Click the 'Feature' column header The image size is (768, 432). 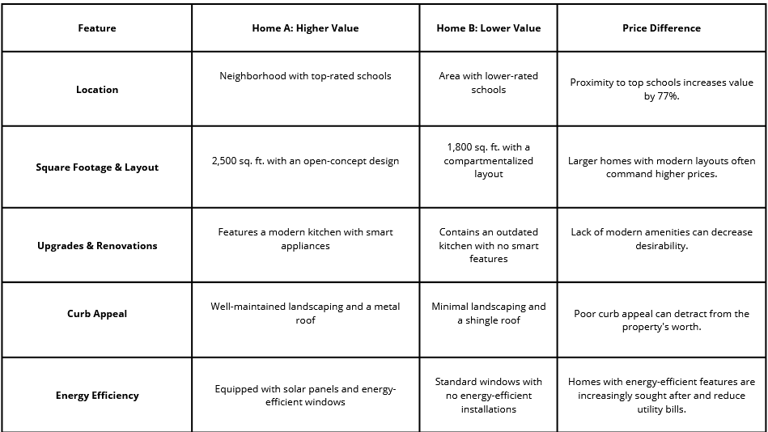coord(96,28)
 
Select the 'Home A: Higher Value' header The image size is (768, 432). coord(305,28)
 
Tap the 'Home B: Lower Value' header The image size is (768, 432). coord(488,28)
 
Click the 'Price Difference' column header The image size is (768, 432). coord(661,28)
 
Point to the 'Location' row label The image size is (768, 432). coord(96,90)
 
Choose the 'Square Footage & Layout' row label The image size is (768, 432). coord(96,167)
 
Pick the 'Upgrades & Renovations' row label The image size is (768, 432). coord(96,246)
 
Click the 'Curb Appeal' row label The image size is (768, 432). coord(96,314)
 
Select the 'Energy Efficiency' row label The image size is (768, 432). coord(96,396)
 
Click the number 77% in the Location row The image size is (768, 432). coord(667,96)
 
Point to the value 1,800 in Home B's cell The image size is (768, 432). coord(462,147)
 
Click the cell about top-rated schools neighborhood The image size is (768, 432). coord(305,76)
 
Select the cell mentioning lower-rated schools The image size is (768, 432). coord(488,83)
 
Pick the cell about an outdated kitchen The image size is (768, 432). coord(488,245)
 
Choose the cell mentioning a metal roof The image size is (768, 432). coord(305,313)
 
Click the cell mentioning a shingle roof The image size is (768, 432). coord(488,313)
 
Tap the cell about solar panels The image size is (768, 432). coord(305,396)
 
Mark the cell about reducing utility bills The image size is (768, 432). coord(661,396)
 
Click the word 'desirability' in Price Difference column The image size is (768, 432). coord(661,246)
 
